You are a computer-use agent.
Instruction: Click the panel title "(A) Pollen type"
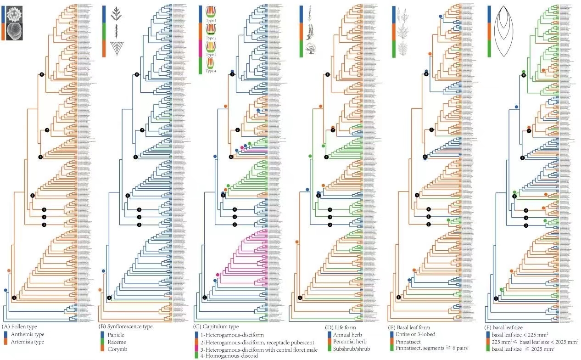click(21, 326)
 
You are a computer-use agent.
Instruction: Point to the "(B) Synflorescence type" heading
click(126, 326)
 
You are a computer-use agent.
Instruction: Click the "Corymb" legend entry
click(115, 349)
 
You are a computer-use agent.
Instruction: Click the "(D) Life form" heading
click(340, 327)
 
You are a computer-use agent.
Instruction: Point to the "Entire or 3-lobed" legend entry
click(415, 334)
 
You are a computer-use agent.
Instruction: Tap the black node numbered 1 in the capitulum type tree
click(205, 298)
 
